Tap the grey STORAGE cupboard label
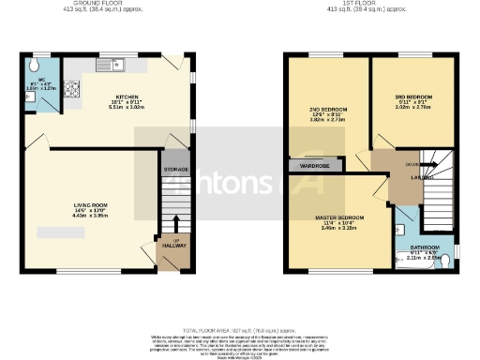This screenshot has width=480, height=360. tap(176, 170)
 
